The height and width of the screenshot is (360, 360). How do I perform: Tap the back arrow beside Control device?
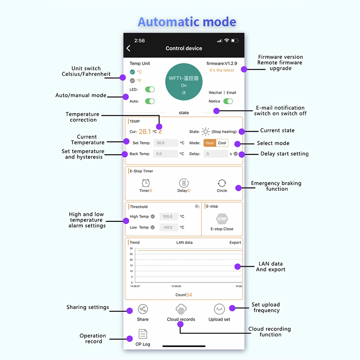point(129,48)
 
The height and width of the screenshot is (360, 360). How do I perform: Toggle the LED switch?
point(150,89)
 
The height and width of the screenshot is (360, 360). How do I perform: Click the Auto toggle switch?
point(150,101)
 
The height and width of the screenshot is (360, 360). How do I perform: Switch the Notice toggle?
point(228,101)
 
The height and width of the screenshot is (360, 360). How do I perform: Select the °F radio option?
point(132,81)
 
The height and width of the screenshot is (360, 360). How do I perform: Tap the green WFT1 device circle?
point(184,82)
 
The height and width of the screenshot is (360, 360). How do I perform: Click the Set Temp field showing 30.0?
point(166,143)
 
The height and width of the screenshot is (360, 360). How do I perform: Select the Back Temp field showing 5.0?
point(166,154)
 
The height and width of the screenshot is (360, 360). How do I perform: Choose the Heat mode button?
point(210,143)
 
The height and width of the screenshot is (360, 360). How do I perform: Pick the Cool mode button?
point(222,143)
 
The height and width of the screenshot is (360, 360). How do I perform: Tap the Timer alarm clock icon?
point(145,183)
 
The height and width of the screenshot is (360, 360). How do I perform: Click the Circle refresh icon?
point(222,183)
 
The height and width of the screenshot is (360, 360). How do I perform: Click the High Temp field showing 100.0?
point(169,216)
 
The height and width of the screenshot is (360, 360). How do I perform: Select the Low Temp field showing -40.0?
point(169,227)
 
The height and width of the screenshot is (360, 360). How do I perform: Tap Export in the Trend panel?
point(235,243)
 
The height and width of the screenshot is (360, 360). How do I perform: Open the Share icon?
point(143,309)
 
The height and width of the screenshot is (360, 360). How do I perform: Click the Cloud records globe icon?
point(181,309)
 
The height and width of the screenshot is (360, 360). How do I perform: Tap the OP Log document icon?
point(143,334)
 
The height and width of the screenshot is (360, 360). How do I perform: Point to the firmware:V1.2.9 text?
point(221,63)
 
